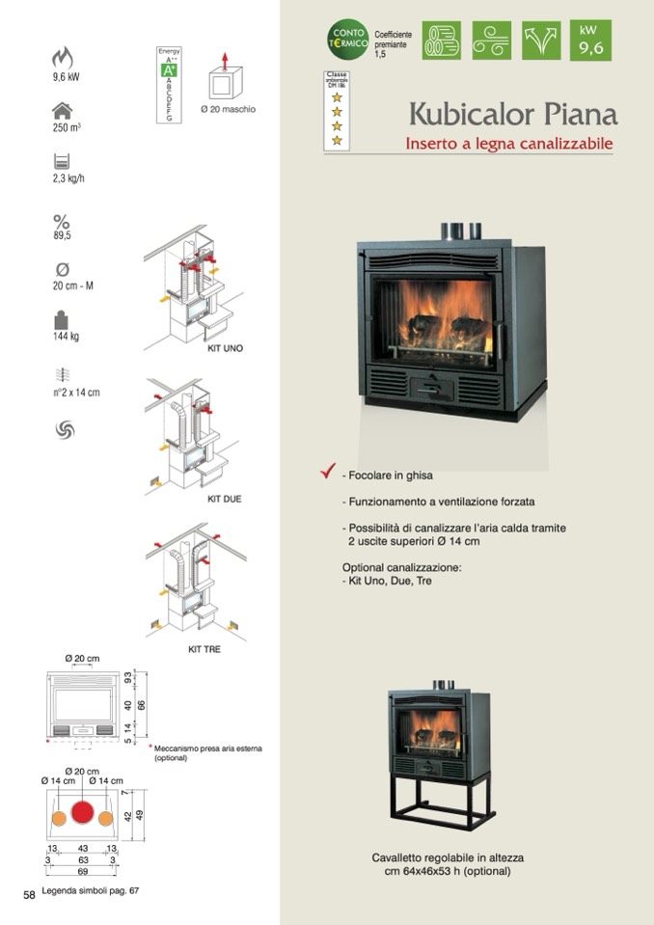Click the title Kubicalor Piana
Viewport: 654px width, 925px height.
[512, 114]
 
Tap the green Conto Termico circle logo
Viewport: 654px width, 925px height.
[347, 40]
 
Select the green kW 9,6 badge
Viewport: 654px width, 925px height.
[589, 40]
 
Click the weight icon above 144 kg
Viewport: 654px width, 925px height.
[63, 319]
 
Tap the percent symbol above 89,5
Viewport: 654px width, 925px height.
[63, 221]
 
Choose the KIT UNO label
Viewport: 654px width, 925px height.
[226, 347]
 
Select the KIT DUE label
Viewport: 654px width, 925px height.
[224, 499]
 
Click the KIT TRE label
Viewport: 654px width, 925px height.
[204, 649]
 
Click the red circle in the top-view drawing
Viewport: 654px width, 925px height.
[83, 815]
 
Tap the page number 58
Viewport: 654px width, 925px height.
[29, 895]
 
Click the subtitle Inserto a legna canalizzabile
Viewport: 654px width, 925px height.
[509, 145]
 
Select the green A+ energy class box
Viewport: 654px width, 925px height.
[168, 70]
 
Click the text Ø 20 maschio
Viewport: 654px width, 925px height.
[228, 109]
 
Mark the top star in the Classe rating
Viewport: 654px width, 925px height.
[337, 96]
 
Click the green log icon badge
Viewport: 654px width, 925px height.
[441, 40]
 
